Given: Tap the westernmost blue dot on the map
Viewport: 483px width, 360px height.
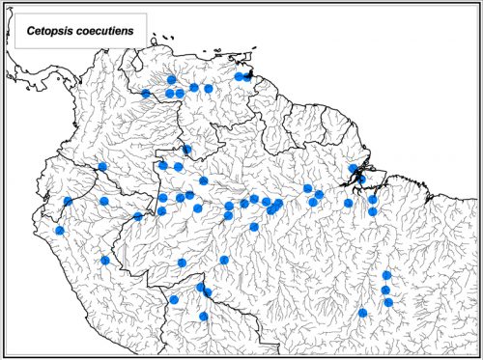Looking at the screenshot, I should point(59,231).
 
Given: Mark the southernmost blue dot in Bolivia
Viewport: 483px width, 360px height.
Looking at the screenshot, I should point(203,316).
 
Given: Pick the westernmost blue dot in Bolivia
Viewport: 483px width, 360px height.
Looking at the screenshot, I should point(174,299).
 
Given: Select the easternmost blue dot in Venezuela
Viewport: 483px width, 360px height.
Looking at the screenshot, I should point(247,75).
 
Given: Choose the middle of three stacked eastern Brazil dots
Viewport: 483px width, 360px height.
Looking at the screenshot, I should point(385,290).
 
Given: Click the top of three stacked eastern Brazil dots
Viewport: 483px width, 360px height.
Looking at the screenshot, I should point(386,275).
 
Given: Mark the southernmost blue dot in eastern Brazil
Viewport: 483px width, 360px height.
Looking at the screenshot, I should point(362,313).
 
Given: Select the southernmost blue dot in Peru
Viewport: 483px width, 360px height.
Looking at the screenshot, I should point(105,260).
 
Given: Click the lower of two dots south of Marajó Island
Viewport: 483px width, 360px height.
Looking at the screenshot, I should point(372,210).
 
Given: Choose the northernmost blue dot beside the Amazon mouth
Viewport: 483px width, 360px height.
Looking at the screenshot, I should point(354,168).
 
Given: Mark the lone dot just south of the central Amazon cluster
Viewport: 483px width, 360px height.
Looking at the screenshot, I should point(253,227).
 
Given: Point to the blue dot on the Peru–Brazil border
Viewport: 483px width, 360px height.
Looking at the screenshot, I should point(138,215).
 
